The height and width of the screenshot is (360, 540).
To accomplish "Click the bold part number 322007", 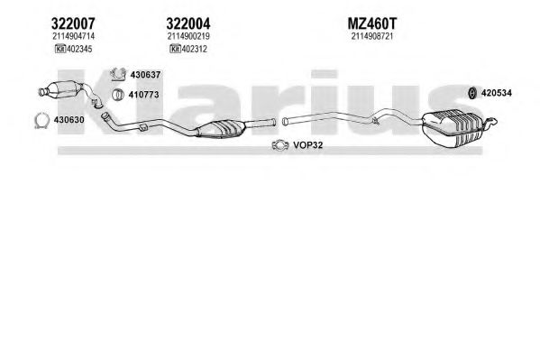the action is tap(73, 23).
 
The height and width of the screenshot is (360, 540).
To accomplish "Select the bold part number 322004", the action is tap(188, 23).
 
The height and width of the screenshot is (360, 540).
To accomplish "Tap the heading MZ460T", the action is tap(372, 23).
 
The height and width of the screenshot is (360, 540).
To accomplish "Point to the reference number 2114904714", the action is tap(73, 36).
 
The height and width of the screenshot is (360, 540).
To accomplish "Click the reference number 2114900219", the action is tap(188, 36).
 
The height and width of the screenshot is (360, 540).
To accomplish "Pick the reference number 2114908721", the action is tap(372, 36).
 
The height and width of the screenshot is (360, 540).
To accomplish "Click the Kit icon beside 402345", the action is tap(60, 49).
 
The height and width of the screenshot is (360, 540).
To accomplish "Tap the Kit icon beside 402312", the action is tap(175, 49).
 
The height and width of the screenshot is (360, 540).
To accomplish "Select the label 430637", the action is tap(145, 75).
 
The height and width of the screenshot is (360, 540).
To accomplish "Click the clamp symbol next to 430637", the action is tap(118, 75).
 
